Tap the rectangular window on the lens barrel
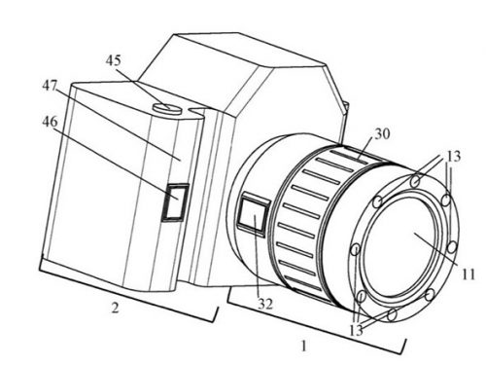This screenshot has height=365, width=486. pyautogui.click(x=253, y=215)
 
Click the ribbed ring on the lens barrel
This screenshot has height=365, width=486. pyautogui.click(x=311, y=224)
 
